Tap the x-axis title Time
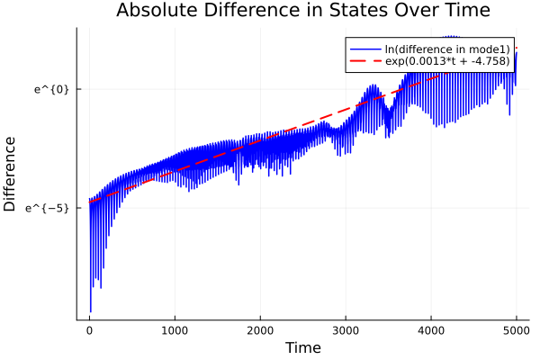302,347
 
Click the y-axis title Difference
11,174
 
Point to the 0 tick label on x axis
89,330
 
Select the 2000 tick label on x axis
260,330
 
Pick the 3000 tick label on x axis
346,330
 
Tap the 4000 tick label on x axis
431,330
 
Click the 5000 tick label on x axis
516,330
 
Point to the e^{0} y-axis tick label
51,89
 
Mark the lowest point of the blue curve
91,311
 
